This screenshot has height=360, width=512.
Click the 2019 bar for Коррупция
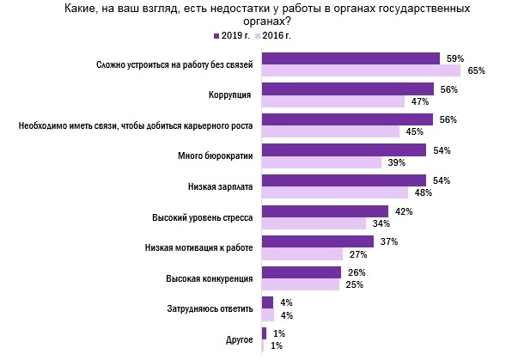pos(347,88)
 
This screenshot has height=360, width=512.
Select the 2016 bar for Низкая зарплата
pos(335,192)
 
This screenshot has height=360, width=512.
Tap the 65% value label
pos(476,71)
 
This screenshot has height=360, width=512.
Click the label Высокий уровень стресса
pos(201,217)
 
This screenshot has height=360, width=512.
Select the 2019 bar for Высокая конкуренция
pos(302,272)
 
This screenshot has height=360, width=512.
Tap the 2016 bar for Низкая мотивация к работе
pos(302,253)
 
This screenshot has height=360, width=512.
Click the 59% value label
pos(455,58)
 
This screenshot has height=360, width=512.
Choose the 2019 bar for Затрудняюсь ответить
pos(267,302)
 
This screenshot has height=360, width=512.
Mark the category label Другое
pos(239,339)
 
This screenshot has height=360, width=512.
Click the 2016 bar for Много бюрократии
pos(321,162)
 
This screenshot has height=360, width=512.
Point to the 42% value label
pos(404,211)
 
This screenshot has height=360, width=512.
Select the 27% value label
pos(357,254)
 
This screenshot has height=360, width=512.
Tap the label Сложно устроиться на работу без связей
pos(176,64)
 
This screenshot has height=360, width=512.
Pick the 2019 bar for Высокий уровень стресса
pos(325,211)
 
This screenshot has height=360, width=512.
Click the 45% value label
pos(414,132)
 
